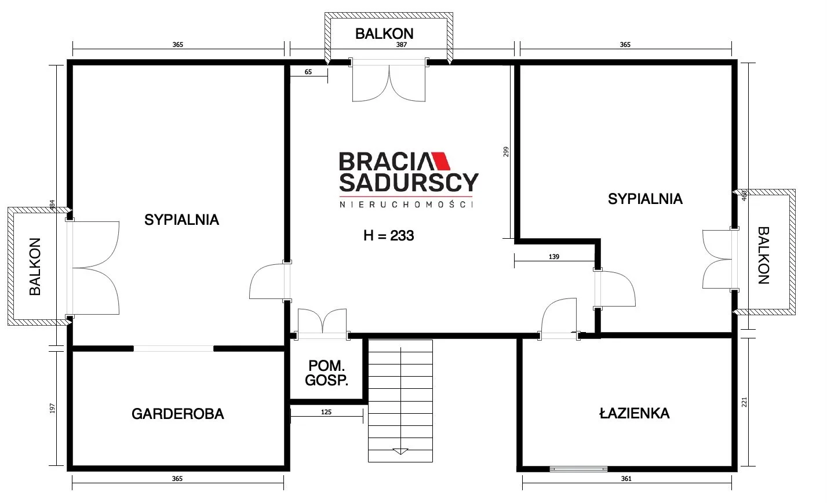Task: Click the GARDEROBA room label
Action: tap(177, 414)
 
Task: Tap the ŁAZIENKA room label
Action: tap(634, 413)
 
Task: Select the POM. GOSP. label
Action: tap(326, 373)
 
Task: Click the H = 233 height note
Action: tap(388, 235)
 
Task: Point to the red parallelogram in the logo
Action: tap(441, 161)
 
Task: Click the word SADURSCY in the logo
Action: tap(409, 183)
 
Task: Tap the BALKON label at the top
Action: tap(384, 34)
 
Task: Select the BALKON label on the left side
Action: tap(35, 267)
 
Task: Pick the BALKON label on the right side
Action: tap(764, 256)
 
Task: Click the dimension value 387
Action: tap(401, 45)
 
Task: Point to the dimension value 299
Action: tap(506, 152)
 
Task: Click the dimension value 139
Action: tap(554, 257)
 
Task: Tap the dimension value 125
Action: tap(326, 412)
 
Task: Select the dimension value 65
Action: tap(308, 72)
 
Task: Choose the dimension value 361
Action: tap(626, 479)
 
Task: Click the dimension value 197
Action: tap(52, 408)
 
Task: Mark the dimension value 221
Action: tap(744, 402)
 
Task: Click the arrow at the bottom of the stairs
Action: tap(400, 451)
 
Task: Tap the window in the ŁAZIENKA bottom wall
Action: tap(578, 469)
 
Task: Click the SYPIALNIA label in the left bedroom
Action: tap(181, 220)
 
